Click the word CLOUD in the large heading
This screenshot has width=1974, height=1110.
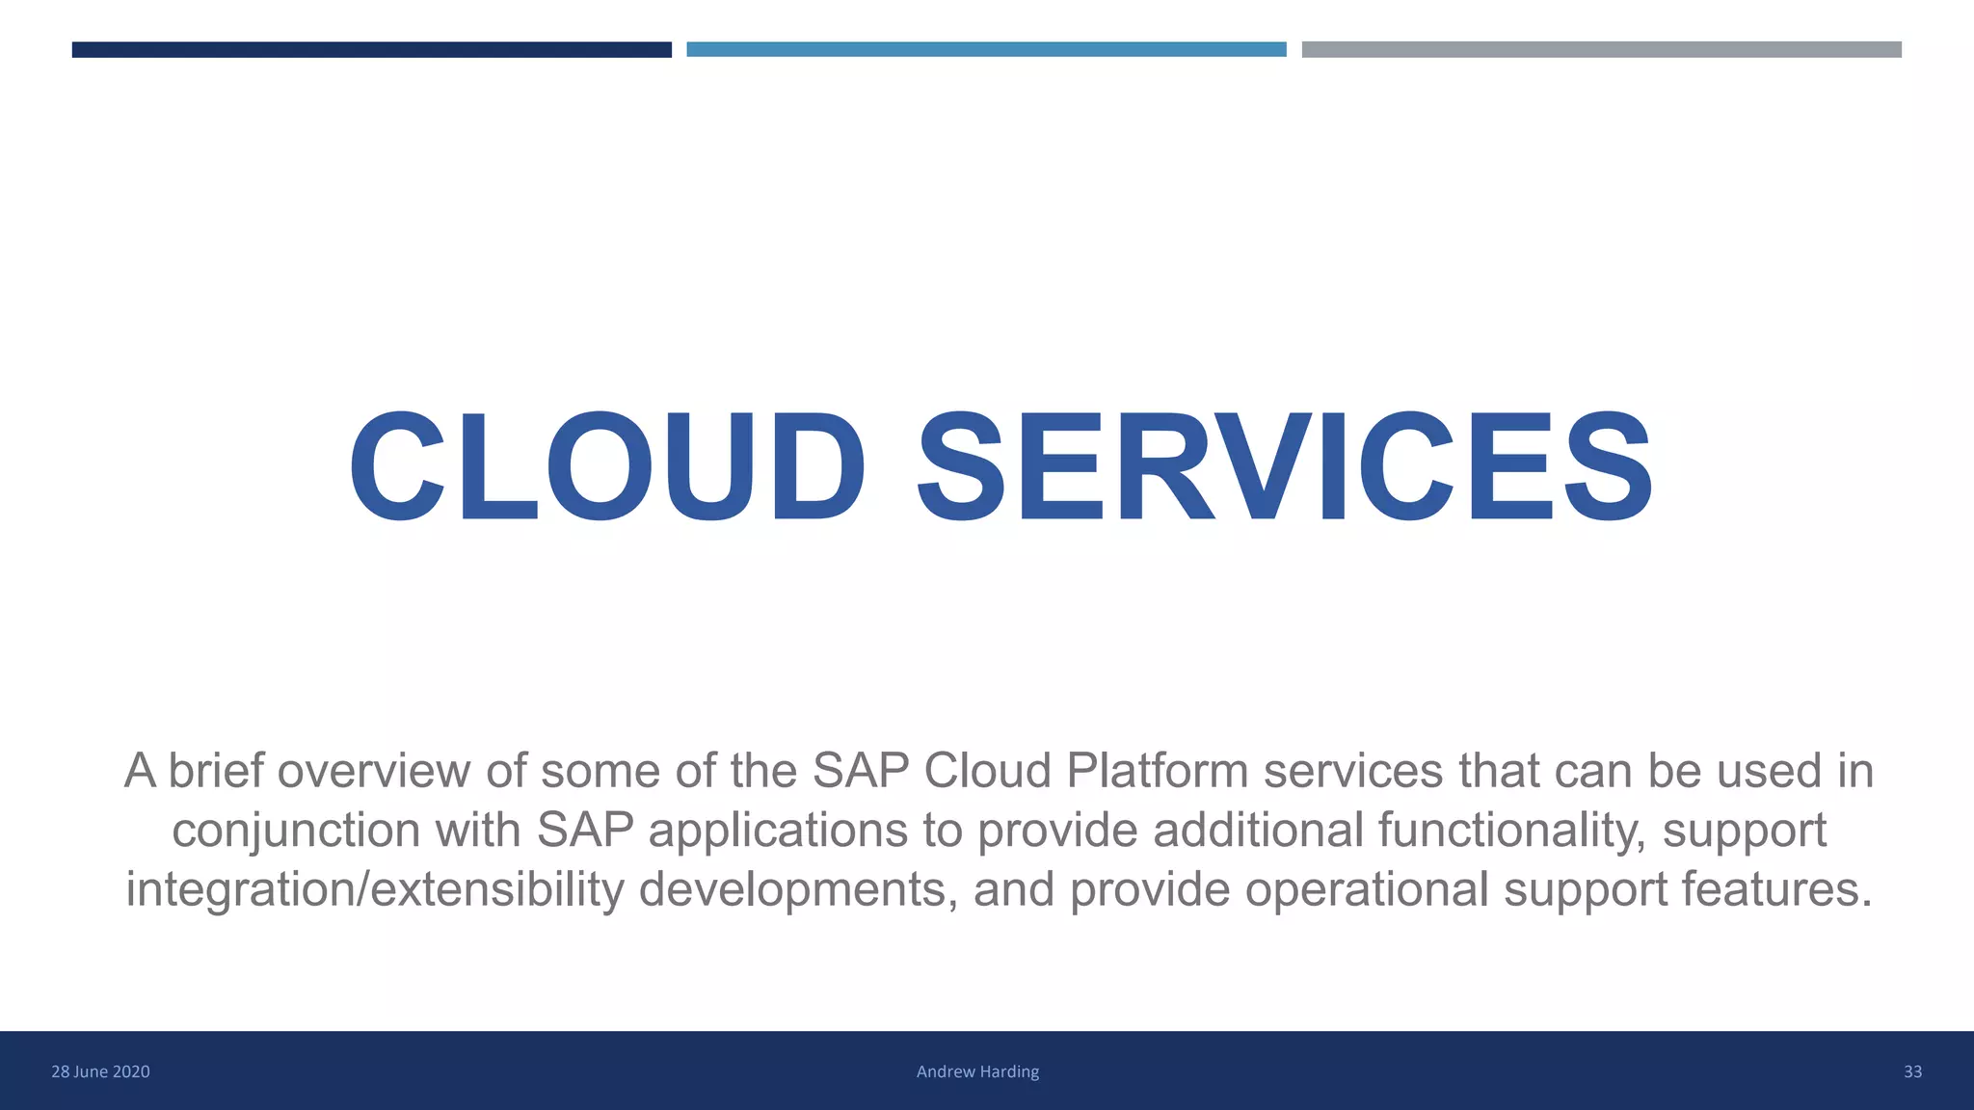pos(607,467)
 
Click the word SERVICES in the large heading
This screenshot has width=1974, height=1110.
pos(1285,467)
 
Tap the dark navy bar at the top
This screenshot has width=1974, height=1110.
pos(371,49)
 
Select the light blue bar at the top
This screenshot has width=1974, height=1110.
pos(986,49)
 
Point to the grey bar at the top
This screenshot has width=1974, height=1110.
pos(1601,49)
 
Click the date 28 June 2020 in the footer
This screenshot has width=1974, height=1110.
pos(100,1071)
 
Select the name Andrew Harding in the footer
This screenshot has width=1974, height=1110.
pos(977,1071)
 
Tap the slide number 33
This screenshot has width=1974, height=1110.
pos(1912,1071)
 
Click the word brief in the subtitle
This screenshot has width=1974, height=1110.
pos(216,771)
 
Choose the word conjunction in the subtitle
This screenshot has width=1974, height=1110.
pos(296,831)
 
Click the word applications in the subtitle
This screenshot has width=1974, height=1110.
pos(778,831)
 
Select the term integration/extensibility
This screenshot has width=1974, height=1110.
pos(375,889)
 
